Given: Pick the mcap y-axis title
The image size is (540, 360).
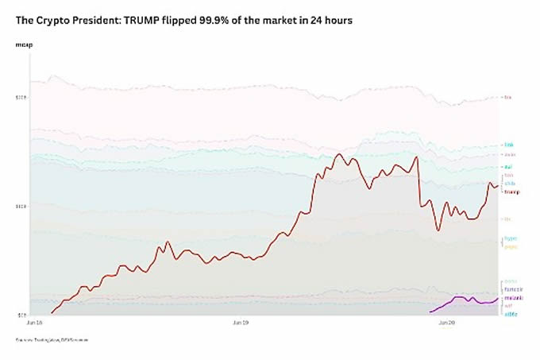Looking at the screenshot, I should (x=23, y=45).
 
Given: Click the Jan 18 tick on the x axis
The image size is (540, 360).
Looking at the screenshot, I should (x=34, y=323).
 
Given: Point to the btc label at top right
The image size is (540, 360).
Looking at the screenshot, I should (x=509, y=98).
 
